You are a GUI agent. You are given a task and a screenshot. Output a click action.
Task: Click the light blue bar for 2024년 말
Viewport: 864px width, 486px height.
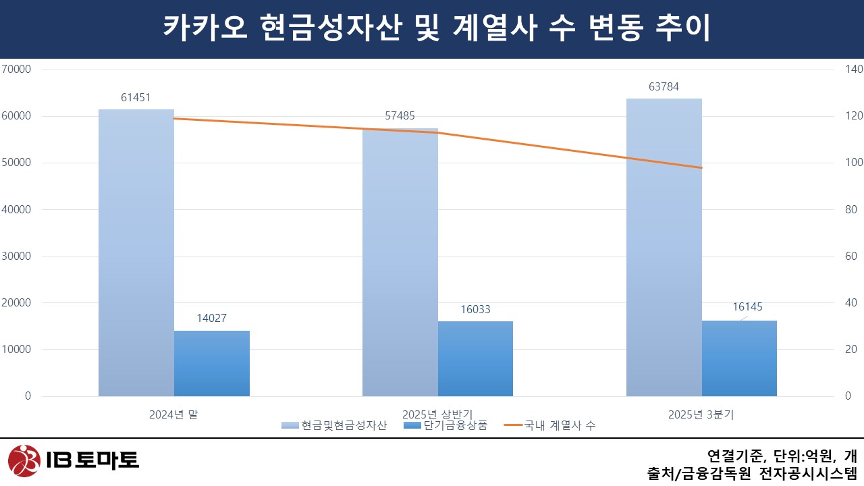[136, 253]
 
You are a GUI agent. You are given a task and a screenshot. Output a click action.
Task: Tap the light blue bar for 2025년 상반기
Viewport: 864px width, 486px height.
[400, 263]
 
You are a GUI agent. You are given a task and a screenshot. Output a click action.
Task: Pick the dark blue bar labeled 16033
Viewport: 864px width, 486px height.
[475, 358]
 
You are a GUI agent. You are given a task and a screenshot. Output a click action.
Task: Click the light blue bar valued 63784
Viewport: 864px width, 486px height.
[664, 248]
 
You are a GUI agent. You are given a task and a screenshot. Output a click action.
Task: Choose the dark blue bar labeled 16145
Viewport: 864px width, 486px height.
[739, 358]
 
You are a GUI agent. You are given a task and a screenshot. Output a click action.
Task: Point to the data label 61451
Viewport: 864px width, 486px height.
[136, 98]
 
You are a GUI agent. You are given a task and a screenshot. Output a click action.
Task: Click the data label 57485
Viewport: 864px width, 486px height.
[400, 116]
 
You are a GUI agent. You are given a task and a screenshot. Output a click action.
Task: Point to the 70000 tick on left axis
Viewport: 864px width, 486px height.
[17, 69]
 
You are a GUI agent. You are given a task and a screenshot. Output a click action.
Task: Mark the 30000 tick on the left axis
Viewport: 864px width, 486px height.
[17, 256]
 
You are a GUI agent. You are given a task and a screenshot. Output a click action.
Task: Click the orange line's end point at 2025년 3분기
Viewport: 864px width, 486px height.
[702, 167]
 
